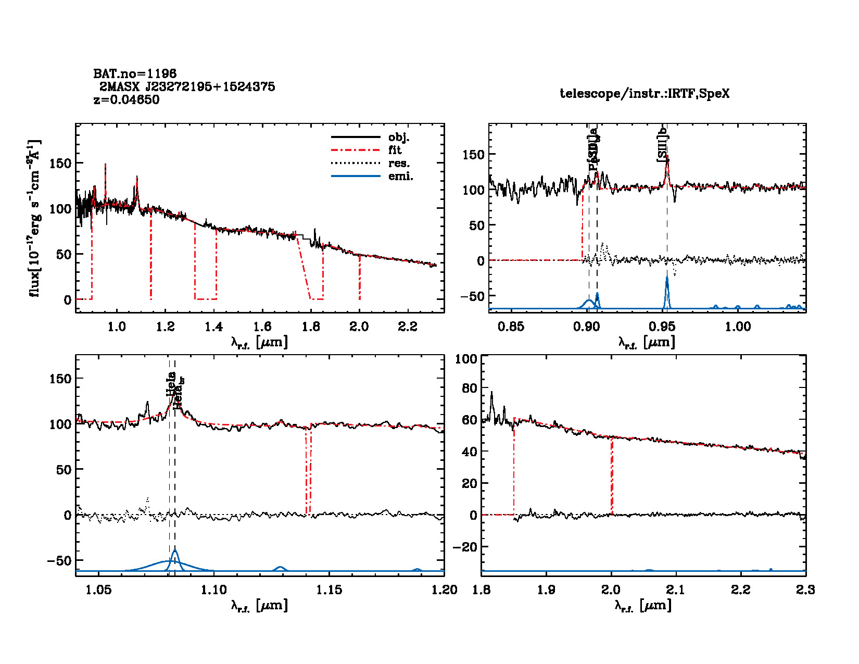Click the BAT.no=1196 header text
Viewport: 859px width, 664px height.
(135, 74)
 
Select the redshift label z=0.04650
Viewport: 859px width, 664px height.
(127, 99)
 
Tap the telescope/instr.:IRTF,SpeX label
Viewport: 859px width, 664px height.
(645, 94)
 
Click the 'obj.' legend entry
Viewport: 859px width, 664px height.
(399, 137)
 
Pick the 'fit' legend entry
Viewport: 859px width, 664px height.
(395, 150)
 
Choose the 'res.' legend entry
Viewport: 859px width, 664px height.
(399, 163)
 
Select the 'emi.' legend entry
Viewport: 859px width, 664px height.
(400, 176)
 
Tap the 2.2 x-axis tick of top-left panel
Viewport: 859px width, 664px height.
(408, 327)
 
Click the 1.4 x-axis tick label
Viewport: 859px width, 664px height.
(213, 327)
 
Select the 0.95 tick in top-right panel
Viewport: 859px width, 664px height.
(662, 327)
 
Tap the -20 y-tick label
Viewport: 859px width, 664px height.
(465, 547)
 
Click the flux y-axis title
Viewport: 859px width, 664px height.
(35, 218)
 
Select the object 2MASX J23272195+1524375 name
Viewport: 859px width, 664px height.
(187, 86)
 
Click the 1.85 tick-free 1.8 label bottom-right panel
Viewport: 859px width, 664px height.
(482, 590)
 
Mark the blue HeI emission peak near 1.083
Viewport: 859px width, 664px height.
(175, 551)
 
